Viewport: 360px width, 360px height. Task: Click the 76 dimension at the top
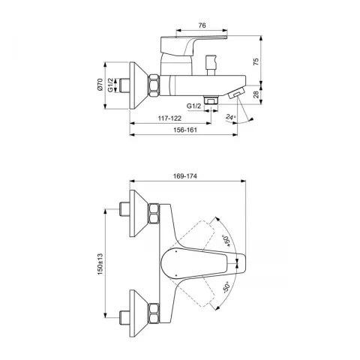202,25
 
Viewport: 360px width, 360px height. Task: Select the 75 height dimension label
256,61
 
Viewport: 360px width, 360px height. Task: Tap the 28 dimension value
256,94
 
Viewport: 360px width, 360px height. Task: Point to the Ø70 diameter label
100,85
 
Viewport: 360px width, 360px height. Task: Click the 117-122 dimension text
169,118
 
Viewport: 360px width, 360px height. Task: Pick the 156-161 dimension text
185,130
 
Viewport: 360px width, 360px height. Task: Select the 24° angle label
231,117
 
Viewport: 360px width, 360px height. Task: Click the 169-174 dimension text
185,176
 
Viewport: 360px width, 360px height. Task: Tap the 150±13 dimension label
100,264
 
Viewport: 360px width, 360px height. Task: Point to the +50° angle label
226,241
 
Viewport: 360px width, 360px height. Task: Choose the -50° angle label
226,287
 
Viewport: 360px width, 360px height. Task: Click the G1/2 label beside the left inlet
111,85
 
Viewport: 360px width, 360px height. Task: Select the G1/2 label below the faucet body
193,106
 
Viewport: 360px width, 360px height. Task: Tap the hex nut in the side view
154,85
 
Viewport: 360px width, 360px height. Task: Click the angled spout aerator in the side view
236,94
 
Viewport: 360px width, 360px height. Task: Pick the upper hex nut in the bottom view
154,213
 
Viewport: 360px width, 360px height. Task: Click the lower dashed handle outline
196,293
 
